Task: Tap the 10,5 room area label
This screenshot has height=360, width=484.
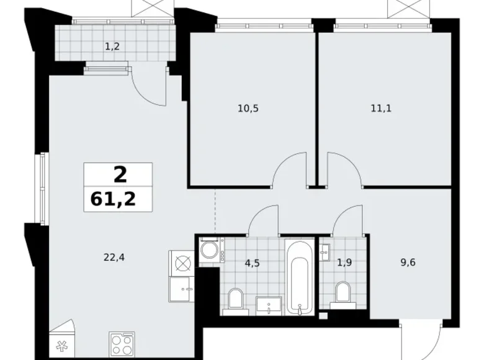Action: click(x=248, y=108)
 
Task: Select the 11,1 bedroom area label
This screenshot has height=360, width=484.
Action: click(x=380, y=108)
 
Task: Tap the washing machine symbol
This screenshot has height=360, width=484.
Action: click(x=208, y=251)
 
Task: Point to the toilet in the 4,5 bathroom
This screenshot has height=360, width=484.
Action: click(x=235, y=299)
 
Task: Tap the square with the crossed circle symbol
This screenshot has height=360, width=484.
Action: click(x=182, y=263)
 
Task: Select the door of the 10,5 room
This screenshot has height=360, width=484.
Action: click(x=290, y=171)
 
